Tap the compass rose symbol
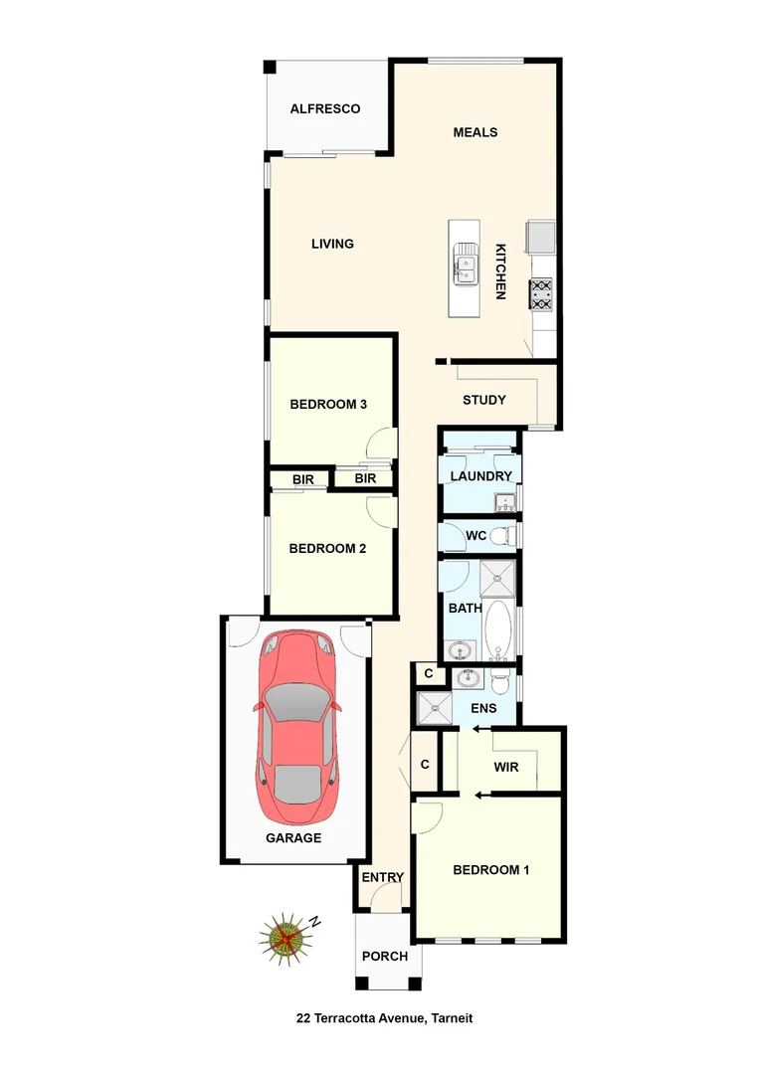point(286,937)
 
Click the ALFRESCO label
point(324,109)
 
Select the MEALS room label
point(475,132)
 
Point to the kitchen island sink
point(465,265)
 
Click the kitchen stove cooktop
point(541,294)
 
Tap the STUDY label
point(484,400)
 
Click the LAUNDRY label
point(480,476)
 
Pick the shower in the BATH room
point(496,577)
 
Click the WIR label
point(506,767)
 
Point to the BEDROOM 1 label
point(490,870)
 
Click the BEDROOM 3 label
point(328,404)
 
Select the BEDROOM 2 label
point(327,548)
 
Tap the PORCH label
point(384,956)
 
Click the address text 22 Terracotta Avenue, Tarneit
point(384,1017)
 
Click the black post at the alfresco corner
point(269,67)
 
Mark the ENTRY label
point(382,877)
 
